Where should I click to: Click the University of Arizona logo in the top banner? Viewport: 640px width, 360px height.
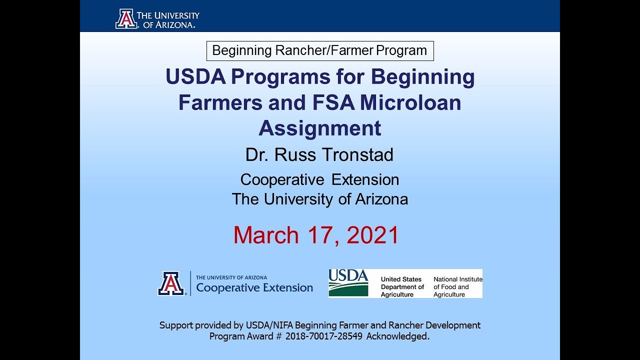[157, 19]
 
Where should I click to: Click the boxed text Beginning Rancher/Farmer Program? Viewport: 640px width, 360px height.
[320, 50]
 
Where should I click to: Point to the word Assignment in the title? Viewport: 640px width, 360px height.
[320, 128]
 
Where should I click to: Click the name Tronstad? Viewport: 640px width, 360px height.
[357, 154]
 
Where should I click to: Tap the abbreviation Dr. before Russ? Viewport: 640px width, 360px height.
[255, 154]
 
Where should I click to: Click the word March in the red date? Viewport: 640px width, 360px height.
[266, 235]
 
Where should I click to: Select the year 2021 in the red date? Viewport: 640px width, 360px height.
[372, 235]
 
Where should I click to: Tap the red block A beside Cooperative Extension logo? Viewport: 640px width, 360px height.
[171, 283]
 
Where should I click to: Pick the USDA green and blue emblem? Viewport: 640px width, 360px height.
[348, 283]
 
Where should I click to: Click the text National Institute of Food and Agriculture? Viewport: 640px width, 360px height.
[457, 287]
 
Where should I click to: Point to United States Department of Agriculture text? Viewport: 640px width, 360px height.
[402, 287]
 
